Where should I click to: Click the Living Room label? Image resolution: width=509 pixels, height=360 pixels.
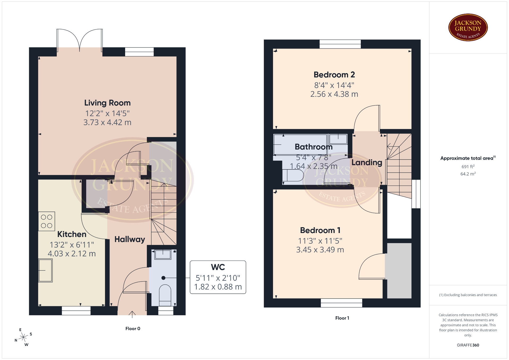(x=107, y=103)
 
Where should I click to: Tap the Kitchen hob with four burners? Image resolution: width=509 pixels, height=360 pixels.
(x=47, y=221)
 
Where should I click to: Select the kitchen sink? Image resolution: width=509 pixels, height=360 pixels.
(x=45, y=270)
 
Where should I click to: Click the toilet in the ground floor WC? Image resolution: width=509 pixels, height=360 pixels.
(x=165, y=295)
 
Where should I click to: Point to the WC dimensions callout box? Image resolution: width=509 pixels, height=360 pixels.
(x=218, y=277)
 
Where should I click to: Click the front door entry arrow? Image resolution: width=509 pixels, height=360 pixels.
(x=132, y=314)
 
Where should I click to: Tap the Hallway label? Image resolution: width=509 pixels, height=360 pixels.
(x=130, y=239)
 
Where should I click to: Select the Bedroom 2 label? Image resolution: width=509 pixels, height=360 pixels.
(x=334, y=75)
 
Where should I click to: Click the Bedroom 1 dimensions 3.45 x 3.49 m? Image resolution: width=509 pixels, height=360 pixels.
(x=320, y=250)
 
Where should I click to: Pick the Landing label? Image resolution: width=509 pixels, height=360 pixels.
(x=367, y=163)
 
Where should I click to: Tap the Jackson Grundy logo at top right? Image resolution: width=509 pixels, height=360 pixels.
(x=468, y=28)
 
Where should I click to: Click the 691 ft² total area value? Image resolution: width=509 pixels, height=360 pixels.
(x=468, y=166)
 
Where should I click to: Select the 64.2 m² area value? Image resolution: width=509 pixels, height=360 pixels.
(x=468, y=174)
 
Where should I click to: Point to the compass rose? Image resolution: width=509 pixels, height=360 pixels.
(x=24, y=337)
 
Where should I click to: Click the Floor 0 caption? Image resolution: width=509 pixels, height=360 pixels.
(x=133, y=328)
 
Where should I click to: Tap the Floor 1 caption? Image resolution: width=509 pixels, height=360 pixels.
(x=342, y=318)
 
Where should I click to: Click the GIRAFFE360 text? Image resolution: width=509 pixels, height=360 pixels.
(x=468, y=345)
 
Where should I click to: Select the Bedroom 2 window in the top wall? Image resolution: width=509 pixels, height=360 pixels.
(x=340, y=44)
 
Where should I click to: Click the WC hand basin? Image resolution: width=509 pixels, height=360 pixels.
(x=163, y=254)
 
